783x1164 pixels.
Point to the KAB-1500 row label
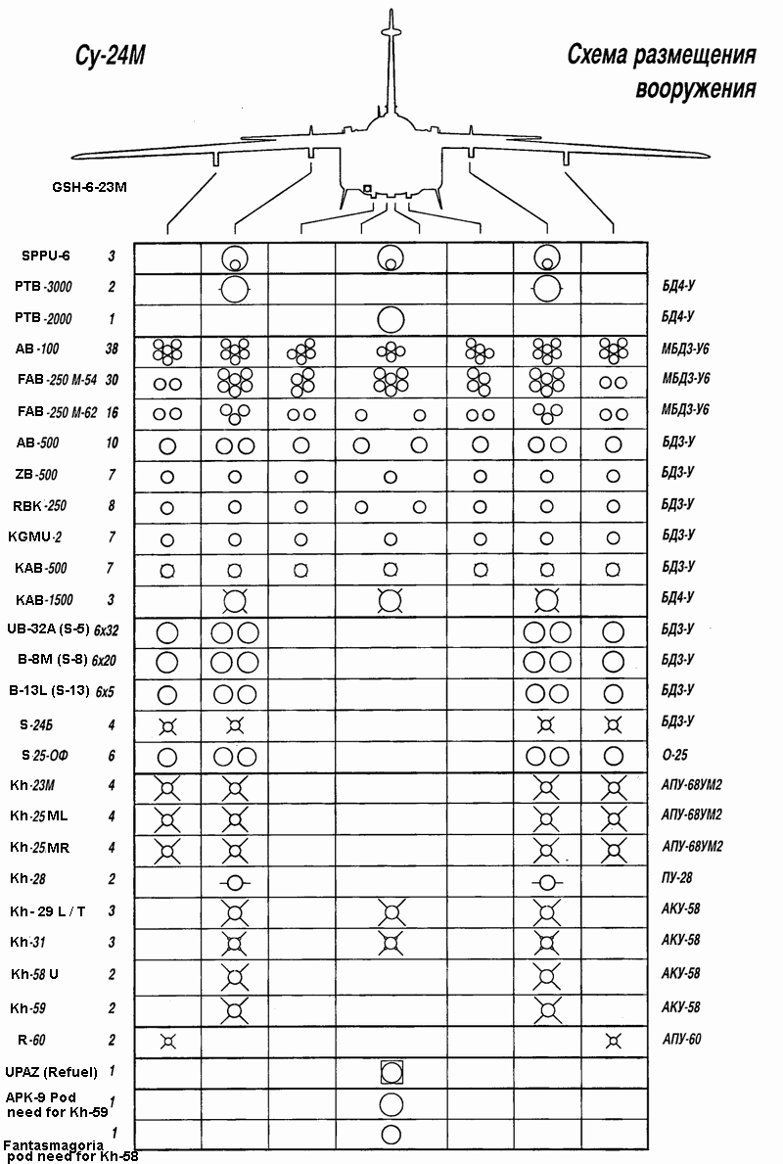tap(44, 599)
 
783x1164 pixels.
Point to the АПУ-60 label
tap(681, 1040)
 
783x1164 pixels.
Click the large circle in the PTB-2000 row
tap(391, 319)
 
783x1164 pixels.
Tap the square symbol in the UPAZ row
tap(391, 1072)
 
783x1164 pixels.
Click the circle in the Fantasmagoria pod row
tap(391, 1135)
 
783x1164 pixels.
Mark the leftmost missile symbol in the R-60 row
tap(167, 1040)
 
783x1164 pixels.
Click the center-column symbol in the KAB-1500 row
tap(391, 598)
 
